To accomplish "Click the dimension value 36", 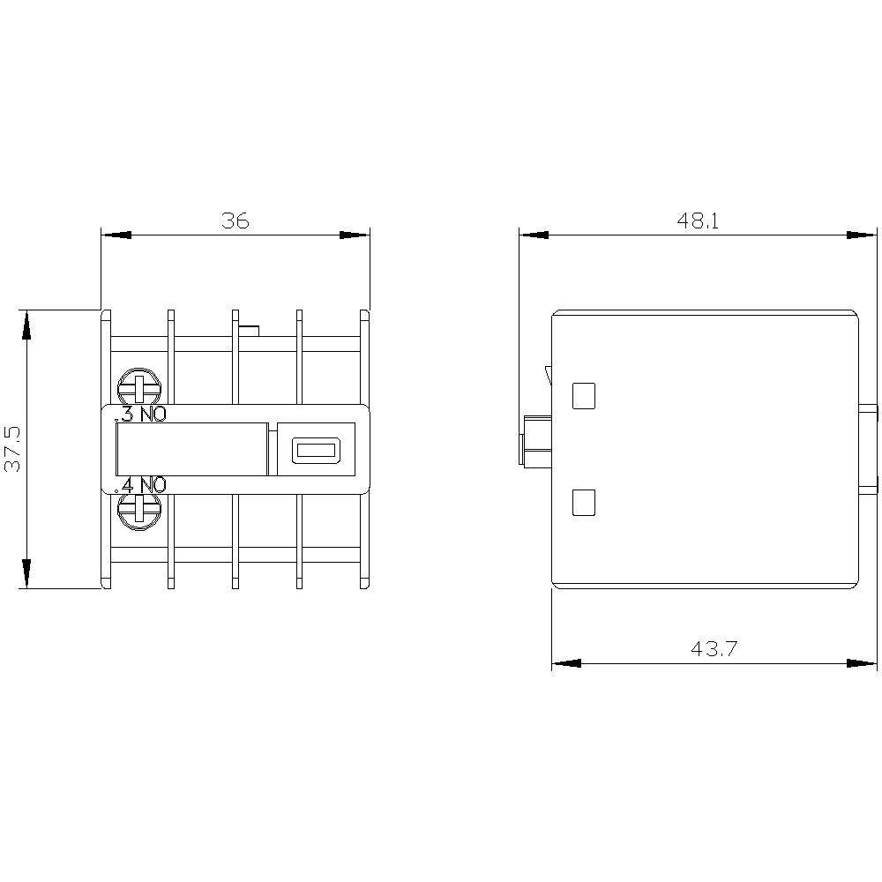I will pyautogui.click(x=235, y=220).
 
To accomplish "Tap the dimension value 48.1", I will pyautogui.click(x=699, y=220).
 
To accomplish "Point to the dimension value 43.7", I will pyautogui.click(x=713, y=650).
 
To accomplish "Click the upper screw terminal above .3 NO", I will pyautogui.click(x=139, y=387).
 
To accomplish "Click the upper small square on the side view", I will pyautogui.click(x=584, y=396).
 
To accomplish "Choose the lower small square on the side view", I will pyautogui.click(x=584, y=503).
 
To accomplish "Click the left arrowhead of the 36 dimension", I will pyautogui.click(x=116, y=235).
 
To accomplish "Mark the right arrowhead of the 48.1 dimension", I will pyautogui.click(x=862, y=235).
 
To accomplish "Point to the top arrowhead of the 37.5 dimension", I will pyautogui.click(x=27, y=326).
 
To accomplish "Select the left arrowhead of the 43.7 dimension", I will pyautogui.click(x=567, y=662).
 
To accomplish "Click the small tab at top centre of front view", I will pyautogui.click(x=250, y=331).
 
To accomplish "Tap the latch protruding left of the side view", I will pyautogui.click(x=536, y=441).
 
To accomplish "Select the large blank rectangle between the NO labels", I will pyautogui.click(x=192, y=449).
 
